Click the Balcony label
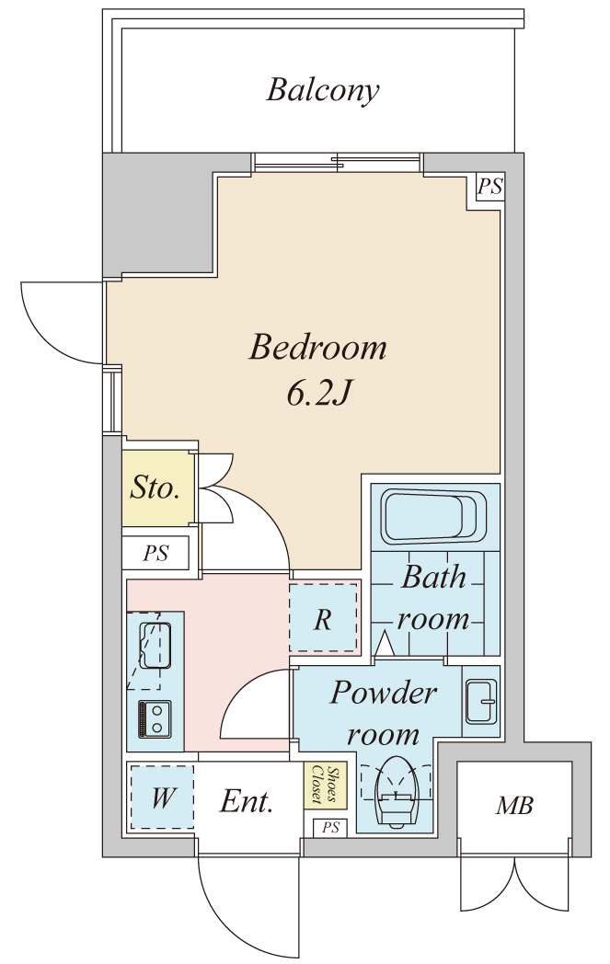(x=323, y=90)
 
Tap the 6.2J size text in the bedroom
(x=318, y=393)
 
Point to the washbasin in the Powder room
(x=480, y=702)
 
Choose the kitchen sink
(x=155, y=646)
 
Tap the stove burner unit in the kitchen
(x=154, y=718)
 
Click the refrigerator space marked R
(x=323, y=619)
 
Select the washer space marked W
(x=162, y=797)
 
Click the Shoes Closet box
(x=318, y=786)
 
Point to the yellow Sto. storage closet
(x=154, y=488)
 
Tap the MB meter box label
(x=514, y=807)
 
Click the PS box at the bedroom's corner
(x=489, y=188)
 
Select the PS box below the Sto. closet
(x=156, y=554)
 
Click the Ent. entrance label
(x=247, y=802)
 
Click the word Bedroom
(x=318, y=348)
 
